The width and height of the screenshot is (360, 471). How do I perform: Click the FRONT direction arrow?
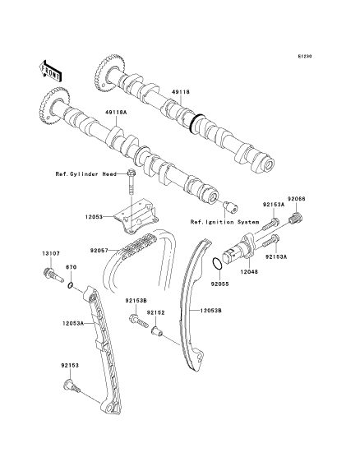(51, 71)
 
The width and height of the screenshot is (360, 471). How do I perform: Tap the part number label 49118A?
(116, 113)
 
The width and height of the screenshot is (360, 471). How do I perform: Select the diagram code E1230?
(305, 56)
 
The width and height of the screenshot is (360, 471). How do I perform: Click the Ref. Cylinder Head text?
(85, 174)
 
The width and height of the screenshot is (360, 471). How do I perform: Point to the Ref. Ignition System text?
(224, 222)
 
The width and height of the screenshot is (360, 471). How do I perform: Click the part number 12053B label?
(210, 311)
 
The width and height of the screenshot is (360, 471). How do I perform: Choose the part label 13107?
(50, 253)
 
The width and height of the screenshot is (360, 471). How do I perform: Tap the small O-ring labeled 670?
(70, 285)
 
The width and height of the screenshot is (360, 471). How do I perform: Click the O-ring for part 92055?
(217, 263)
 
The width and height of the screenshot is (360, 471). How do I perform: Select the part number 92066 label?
(296, 199)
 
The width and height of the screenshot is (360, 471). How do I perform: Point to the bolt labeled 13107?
(53, 275)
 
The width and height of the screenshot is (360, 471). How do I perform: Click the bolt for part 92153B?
(139, 321)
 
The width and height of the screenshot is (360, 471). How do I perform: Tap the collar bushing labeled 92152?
(156, 331)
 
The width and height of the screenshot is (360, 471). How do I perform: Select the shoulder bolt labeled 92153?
(72, 386)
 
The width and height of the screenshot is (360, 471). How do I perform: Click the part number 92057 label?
(99, 250)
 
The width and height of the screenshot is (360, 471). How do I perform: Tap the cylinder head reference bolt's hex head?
(132, 173)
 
